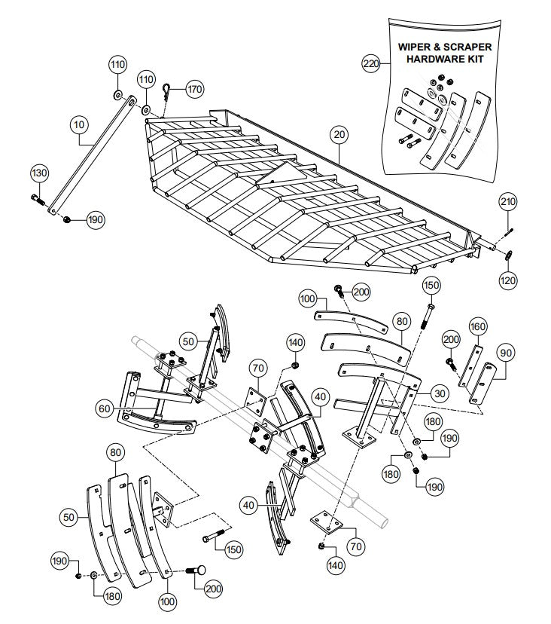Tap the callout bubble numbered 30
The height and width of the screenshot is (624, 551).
[x=440, y=392]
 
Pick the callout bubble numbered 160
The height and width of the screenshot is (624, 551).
[x=478, y=326]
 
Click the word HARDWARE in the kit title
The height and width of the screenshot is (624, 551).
[x=439, y=59]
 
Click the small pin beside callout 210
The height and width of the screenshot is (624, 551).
[x=510, y=223]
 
